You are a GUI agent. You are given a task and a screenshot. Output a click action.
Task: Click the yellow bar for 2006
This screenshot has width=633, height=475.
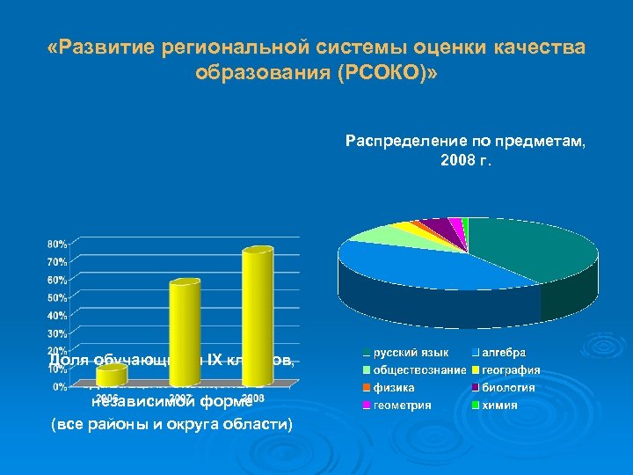tap(111, 376)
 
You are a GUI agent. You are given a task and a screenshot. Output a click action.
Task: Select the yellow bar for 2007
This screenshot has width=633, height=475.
tap(184, 334)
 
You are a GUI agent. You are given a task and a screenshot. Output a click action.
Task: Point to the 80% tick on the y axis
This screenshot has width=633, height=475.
tap(56, 243)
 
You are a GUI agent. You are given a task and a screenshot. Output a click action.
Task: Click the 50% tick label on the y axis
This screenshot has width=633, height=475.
tap(56, 297)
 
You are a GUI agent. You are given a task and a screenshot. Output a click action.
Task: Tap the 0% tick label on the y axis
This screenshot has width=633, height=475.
tap(58, 386)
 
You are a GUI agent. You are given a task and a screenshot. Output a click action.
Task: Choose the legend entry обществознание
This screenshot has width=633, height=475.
tap(418, 370)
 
